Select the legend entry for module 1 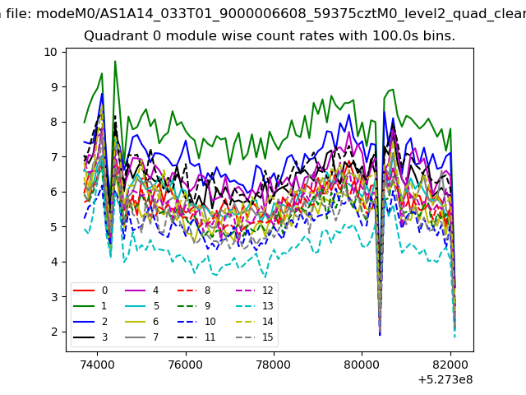(x=90, y=306)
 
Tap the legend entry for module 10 (x=197, y=322)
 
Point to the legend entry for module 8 (x=194, y=290)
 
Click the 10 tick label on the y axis (x=50, y=52)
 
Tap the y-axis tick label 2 (x=54, y=332)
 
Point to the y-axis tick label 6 (x=54, y=192)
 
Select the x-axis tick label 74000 (x=98, y=365)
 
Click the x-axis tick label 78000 (x=274, y=365)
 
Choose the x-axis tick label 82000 (x=450, y=365)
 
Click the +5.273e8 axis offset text (x=445, y=380)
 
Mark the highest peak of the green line (x=115, y=61)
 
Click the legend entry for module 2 (x=90, y=322)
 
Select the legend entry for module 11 (x=197, y=337)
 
